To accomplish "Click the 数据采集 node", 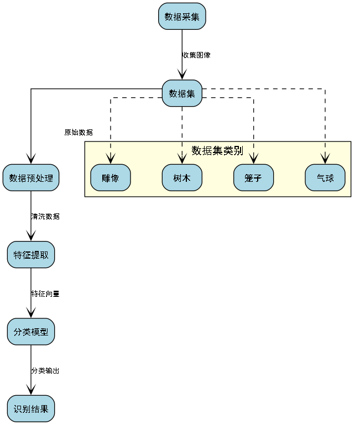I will click(x=182, y=17).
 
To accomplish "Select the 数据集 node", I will click(x=182, y=93).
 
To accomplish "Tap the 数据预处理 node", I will click(x=31, y=178).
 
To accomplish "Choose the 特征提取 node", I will click(x=31, y=255).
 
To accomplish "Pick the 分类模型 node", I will click(x=31, y=332).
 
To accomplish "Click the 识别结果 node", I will click(x=31, y=409).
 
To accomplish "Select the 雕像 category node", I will click(x=111, y=178).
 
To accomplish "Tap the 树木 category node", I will click(x=182, y=178).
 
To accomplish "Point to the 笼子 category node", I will click(x=253, y=178).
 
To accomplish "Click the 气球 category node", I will click(x=325, y=178).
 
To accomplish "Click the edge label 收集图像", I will click(x=196, y=55).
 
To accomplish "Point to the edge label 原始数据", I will click(x=79, y=133).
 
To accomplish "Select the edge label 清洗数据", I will click(x=45, y=217).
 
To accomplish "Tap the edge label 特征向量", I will click(x=45, y=294).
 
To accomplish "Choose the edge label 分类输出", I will click(x=45, y=371).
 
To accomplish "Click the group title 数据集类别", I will click(x=217, y=151).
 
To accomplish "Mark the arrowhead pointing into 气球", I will click(x=325, y=159).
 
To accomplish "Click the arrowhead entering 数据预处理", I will click(x=31, y=159).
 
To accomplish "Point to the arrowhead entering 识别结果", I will click(x=31, y=390).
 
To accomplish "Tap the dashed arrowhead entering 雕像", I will click(x=111, y=159).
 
